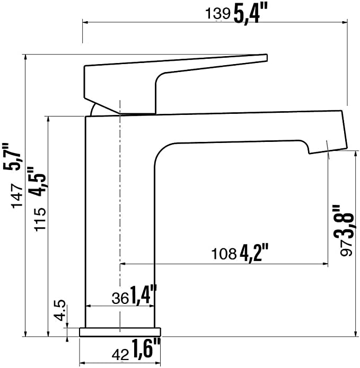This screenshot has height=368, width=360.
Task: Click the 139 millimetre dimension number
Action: coord(218,13)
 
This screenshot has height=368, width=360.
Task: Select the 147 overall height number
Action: coord(17,195)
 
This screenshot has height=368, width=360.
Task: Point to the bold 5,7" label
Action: coord(12,156)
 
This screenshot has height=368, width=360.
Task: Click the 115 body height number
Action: coord(40,219)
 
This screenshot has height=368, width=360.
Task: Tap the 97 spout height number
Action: coord(347,249)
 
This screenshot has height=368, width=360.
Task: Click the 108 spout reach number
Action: coord(224,254)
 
